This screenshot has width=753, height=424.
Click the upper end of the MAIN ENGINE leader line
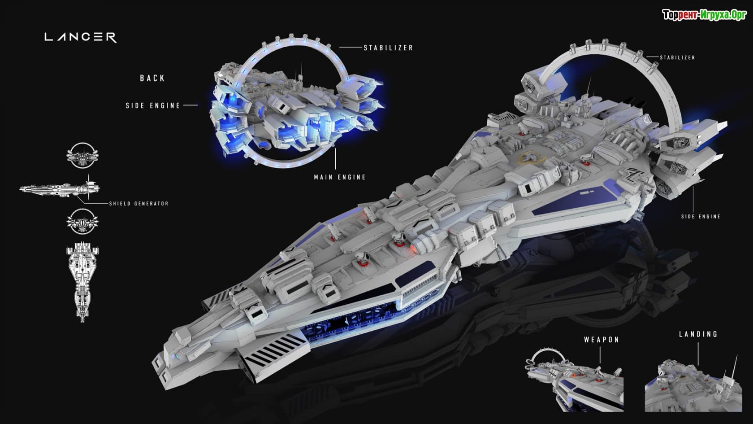(x=335, y=149)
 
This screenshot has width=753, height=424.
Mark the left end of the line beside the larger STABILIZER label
(x=340, y=47)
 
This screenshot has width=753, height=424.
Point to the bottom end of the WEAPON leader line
(x=600, y=364)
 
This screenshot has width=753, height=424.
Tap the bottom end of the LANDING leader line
(x=698, y=365)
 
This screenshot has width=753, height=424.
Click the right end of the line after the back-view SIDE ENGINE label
(x=198, y=105)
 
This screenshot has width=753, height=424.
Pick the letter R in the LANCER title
(x=111, y=37)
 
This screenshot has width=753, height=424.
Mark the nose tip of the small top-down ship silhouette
(x=82, y=322)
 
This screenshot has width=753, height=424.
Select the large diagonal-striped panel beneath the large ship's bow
(x=276, y=353)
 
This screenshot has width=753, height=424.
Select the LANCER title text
(x=81, y=37)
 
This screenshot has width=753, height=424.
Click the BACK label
(x=152, y=79)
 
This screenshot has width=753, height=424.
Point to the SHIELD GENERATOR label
(x=139, y=204)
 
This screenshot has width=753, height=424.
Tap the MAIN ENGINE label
(x=340, y=177)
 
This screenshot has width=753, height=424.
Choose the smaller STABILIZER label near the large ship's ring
(x=677, y=57)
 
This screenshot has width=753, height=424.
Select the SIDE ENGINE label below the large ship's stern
(x=701, y=216)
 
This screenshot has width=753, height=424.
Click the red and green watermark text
(x=705, y=15)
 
